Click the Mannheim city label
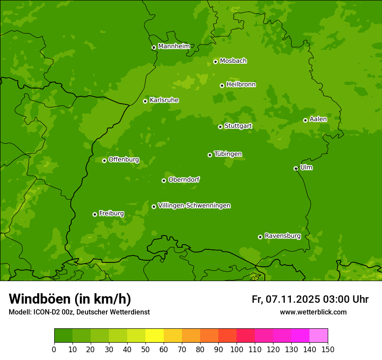pyautogui.click(x=174, y=46)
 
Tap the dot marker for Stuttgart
pyautogui.click(x=220, y=127)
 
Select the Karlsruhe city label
pyautogui.click(x=164, y=100)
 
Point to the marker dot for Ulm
pyautogui.click(x=296, y=168)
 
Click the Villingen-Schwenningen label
pyautogui.click(x=194, y=206)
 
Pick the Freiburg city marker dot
pyautogui.click(x=95, y=214)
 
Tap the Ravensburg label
pyautogui.click(x=282, y=236)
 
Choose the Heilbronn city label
pyautogui.click(x=241, y=85)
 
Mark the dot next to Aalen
pyautogui.click(x=305, y=120)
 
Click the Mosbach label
pyautogui.click(x=233, y=61)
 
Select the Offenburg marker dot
pyautogui.click(x=104, y=160)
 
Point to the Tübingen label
pyautogui.click(x=228, y=154)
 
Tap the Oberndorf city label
pyautogui.click(x=184, y=180)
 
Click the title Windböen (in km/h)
pyautogui.click(x=70, y=299)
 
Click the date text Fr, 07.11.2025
pyautogui.click(x=286, y=299)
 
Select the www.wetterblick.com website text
pyautogui.click(x=313, y=312)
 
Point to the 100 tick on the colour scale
pyautogui.click(x=237, y=349)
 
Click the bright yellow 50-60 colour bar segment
pyautogui.click(x=155, y=336)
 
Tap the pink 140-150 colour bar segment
pyautogui.click(x=319, y=336)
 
